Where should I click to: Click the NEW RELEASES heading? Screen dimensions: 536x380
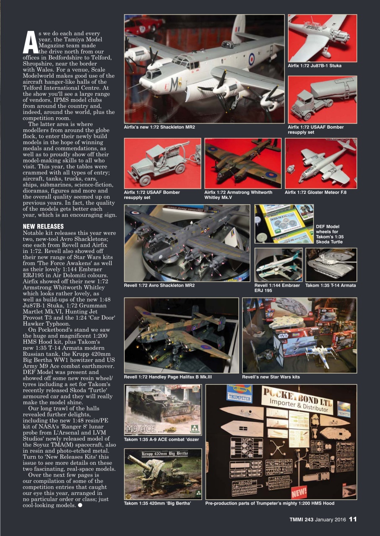(x=43, y=227)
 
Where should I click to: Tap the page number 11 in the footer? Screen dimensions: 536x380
(x=353, y=519)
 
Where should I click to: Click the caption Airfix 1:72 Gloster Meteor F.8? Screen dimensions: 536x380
(x=316, y=192)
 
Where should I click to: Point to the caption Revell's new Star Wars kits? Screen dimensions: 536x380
(x=271, y=377)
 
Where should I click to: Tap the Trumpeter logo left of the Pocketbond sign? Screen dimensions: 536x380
(x=239, y=394)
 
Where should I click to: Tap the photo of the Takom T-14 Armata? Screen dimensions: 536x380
(x=331, y=265)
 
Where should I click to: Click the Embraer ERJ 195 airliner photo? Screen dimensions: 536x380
(x=278, y=265)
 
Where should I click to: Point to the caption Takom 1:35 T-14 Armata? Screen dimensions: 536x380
(x=331, y=286)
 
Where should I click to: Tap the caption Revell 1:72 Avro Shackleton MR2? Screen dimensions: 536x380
(x=159, y=286)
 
